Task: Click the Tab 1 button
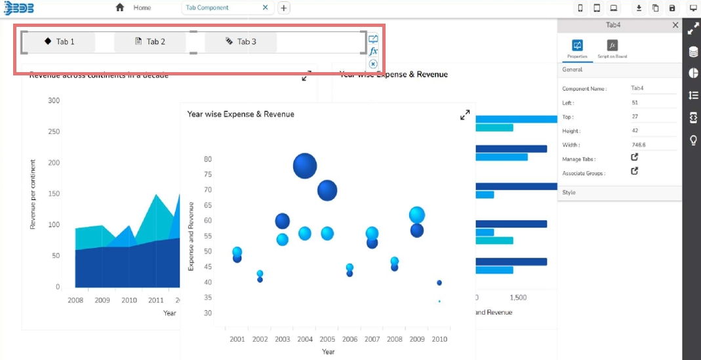59,42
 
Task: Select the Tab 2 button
150,42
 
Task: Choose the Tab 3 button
241,42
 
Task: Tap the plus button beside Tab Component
283,8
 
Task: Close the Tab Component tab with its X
265,8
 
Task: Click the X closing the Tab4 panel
675,25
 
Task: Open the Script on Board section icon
612,45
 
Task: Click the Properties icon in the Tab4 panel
578,45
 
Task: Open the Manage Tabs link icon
634,157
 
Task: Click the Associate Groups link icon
634,171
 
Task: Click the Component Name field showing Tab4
637,88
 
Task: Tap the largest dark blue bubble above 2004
305,166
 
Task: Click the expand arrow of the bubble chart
465,115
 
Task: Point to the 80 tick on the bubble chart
207,159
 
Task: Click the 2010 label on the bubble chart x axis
439,339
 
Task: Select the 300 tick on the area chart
54,100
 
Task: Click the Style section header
569,193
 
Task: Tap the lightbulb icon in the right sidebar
693,140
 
